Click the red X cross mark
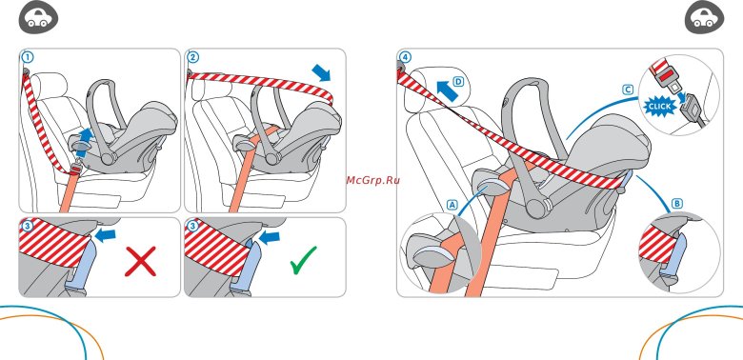coord(140,261)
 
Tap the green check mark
coord(303,260)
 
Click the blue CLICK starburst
coord(659,107)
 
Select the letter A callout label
coord(452,205)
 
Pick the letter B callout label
coord(677,204)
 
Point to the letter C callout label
coord(628,90)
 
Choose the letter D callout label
coord(458,82)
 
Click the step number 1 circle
coord(28,57)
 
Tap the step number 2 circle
coord(192,57)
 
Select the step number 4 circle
coord(405,57)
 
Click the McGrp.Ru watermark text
coord(372,180)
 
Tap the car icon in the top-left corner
coord(38,17)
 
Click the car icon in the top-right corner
coord(705,17)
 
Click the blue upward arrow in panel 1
coord(85,142)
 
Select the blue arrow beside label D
coord(446,90)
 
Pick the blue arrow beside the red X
coord(105,233)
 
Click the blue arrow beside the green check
coord(270,237)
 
